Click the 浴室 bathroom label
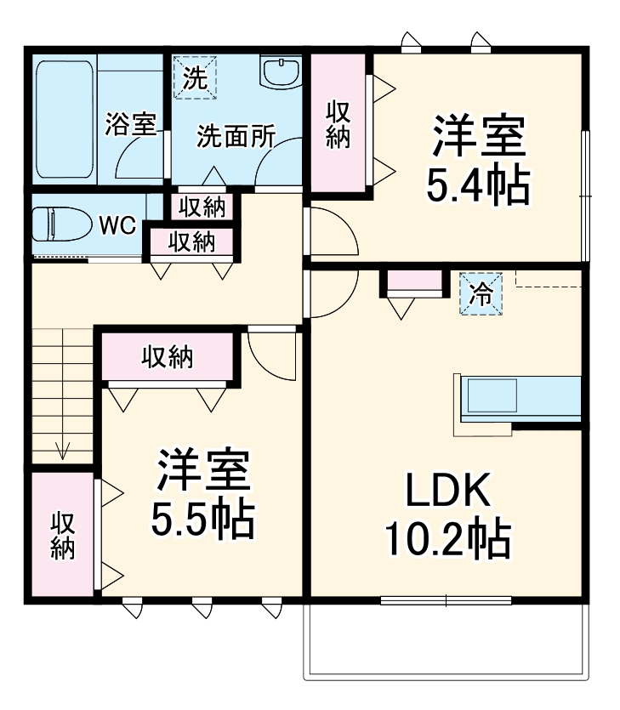[x=130, y=124]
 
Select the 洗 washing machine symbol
[x=195, y=78]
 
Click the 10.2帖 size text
[x=447, y=538]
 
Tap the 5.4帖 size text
[x=478, y=185]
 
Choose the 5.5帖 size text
[x=202, y=520]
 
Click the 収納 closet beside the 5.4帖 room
[x=338, y=124]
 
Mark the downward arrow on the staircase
[x=62, y=450]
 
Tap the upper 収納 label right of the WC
[x=202, y=206]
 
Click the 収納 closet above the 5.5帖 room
[x=168, y=358]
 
